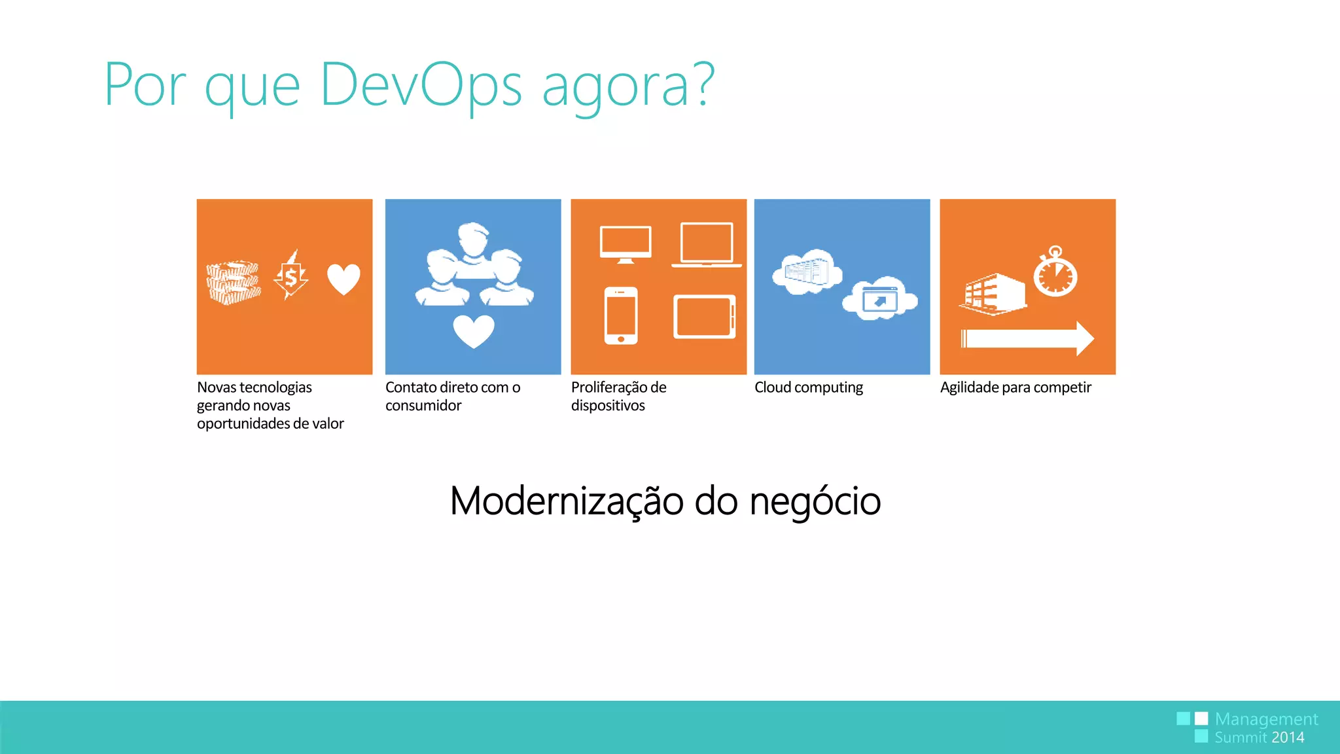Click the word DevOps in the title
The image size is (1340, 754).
[420, 85]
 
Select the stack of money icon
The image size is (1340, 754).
[234, 282]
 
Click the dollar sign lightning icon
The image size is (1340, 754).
[291, 276]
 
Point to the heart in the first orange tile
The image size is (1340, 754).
[344, 279]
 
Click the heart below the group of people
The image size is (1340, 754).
[474, 331]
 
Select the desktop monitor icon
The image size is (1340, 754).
[626, 244]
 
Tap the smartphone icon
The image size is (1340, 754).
[621, 315]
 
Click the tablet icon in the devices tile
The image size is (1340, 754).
[704, 317]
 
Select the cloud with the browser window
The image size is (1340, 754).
[880, 299]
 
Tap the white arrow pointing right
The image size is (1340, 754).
[1027, 338]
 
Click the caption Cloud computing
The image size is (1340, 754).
[809, 387]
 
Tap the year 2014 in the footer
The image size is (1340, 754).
[1288, 738]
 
